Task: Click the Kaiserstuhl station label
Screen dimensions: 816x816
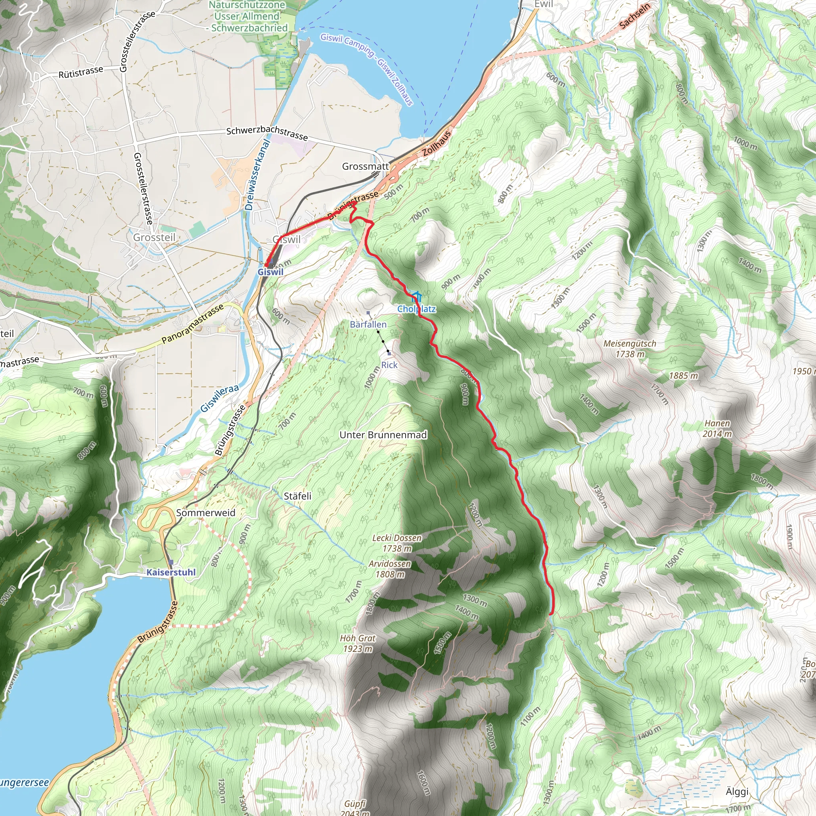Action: pos(171,572)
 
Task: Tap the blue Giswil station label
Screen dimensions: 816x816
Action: pos(270,272)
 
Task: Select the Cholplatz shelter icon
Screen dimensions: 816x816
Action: pos(416,296)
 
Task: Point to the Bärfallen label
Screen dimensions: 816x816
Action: pos(368,324)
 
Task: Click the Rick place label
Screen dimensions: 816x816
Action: pos(389,365)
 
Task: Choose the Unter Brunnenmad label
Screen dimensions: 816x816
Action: pos(383,435)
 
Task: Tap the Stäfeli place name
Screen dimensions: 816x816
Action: pos(297,496)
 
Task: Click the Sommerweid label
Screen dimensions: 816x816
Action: pos(206,513)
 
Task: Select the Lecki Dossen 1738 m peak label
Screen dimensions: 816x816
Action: pos(396,543)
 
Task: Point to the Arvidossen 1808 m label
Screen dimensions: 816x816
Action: pos(390,569)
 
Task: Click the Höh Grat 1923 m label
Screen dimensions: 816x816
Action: pos(358,643)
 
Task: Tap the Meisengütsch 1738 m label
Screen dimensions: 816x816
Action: pos(630,349)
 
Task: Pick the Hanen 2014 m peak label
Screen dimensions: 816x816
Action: pos(717,428)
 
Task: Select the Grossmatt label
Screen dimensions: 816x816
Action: pos(365,167)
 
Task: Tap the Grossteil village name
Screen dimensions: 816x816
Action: pos(154,237)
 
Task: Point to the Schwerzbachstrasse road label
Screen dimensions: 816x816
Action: pos(267,133)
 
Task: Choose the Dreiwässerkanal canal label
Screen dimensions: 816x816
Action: pos(257,175)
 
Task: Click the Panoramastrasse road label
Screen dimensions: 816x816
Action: pos(192,324)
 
